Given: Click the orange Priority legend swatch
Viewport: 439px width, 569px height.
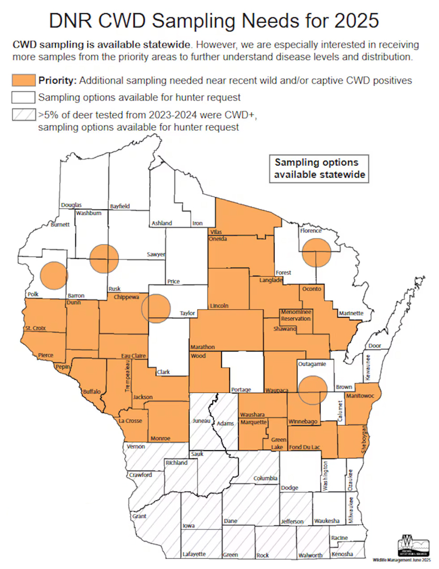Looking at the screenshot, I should tap(23, 81).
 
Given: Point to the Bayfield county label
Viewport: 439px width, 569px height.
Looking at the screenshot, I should tap(119, 206).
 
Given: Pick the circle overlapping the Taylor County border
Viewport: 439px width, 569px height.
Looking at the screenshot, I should tap(157, 308).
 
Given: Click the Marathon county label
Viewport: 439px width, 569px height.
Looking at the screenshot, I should tap(203, 347).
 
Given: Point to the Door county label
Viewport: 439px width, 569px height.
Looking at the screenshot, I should tap(375, 346).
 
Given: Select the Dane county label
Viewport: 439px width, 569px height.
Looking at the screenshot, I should tap(231, 521).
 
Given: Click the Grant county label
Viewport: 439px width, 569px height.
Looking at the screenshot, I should tap(139, 516).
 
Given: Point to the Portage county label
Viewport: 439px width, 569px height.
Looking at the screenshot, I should tap(241, 389).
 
